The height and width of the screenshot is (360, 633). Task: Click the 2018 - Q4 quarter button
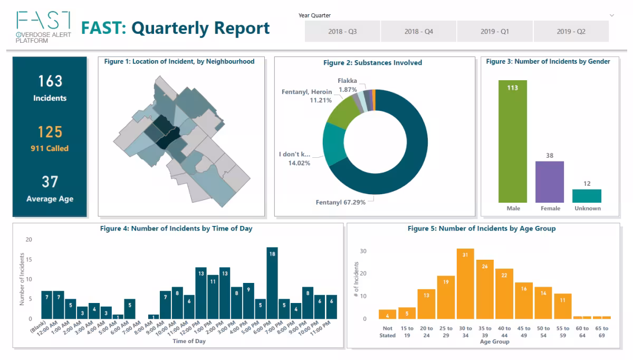418,32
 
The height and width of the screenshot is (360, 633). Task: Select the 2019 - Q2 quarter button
571,32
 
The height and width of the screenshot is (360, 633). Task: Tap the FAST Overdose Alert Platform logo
44,27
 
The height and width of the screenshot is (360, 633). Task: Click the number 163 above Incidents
50,81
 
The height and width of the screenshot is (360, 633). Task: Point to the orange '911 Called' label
50,148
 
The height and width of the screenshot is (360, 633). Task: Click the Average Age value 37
50,182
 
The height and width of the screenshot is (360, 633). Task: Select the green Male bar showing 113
513,143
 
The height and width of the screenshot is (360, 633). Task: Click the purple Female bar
550,183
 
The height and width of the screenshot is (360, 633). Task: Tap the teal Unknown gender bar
587,196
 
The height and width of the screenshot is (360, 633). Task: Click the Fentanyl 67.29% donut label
341,202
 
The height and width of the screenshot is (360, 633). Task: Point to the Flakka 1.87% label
347,85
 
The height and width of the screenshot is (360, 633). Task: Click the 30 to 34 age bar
465,285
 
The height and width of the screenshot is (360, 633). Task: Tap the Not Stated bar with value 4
387,315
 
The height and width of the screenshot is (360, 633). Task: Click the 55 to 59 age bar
563,306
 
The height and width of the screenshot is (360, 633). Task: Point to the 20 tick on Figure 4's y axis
29,240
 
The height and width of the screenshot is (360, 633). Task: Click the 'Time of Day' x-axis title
188,341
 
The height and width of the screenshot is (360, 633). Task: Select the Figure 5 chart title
481,229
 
